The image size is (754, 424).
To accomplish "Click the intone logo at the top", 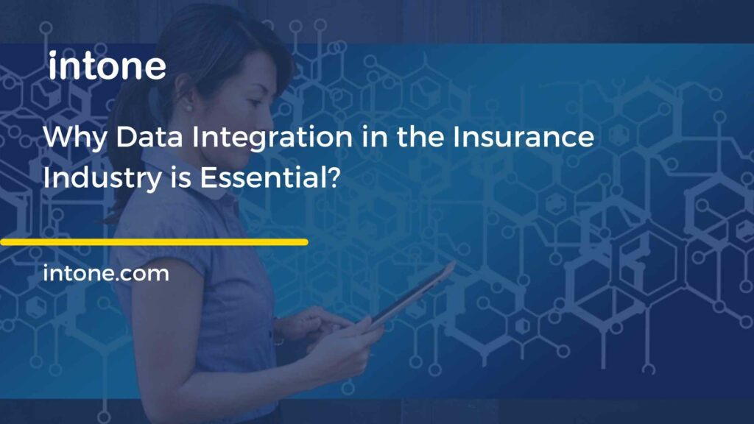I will (107, 66).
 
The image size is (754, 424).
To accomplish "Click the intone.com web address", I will (106, 275).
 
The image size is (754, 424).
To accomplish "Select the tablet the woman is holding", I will (412, 294).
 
